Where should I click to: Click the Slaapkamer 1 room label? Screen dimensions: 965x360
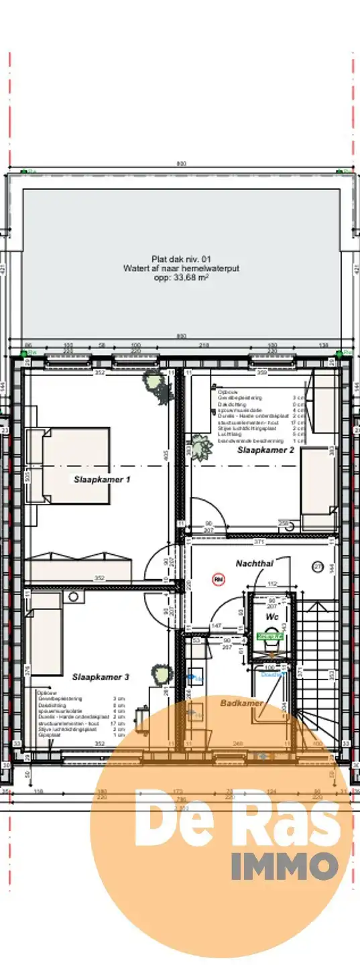[102, 479]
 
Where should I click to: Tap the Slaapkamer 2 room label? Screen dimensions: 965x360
[265, 451]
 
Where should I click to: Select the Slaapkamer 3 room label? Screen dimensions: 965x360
[101, 677]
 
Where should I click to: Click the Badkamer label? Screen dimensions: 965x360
[241, 703]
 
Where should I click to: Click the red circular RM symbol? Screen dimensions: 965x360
[217, 578]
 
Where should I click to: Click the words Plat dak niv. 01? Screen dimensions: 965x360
[181, 259]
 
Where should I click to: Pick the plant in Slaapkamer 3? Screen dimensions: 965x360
[160, 673]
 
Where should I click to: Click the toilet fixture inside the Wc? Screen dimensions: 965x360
[271, 645]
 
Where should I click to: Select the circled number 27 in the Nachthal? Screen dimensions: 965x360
[318, 567]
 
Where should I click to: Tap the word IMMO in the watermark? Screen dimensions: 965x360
[284, 866]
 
